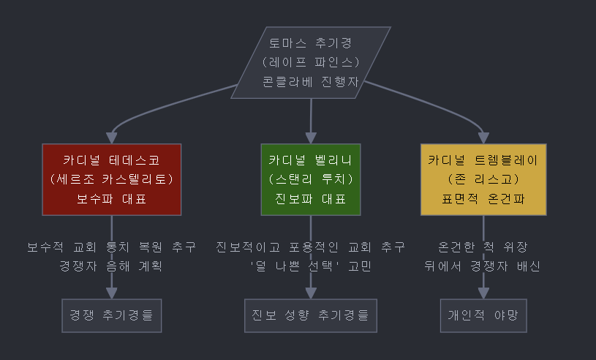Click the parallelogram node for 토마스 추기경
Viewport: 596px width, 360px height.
pyautogui.click(x=311, y=62)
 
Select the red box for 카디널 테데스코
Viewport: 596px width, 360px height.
pyautogui.click(x=111, y=179)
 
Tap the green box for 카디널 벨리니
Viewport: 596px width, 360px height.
pyautogui.click(x=311, y=179)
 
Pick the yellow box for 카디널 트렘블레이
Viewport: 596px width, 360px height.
pyautogui.click(x=483, y=179)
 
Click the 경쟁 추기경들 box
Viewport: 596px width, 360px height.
pyautogui.click(x=111, y=315)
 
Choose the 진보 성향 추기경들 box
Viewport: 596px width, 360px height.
pyautogui.click(x=311, y=315)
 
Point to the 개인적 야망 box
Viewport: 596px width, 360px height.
pyautogui.click(x=483, y=315)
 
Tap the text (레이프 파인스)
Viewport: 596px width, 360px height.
pyautogui.click(x=311, y=62)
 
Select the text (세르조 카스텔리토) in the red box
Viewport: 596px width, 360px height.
pyautogui.click(x=111, y=179)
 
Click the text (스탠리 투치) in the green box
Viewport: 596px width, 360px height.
pyautogui.click(x=311, y=179)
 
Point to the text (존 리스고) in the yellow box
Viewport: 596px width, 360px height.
pyautogui.click(x=483, y=179)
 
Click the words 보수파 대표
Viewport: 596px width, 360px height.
pyautogui.click(x=111, y=198)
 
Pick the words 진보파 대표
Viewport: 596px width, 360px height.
pyautogui.click(x=311, y=198)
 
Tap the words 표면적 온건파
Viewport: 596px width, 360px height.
pyautogui.click(x=483, y=198)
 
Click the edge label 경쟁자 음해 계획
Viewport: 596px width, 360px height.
pyautogui.click(x=111, y=266)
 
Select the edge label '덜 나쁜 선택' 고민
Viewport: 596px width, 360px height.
pyautogui.click(x=311, y=266)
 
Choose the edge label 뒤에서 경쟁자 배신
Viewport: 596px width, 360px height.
pyautogui.click(x=483, y=266)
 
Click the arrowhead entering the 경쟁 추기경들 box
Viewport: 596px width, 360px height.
pyautogui.click(x=111, y=293)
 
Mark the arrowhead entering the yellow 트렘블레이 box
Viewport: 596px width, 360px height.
pyautogui.click(x=483, y=138)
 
